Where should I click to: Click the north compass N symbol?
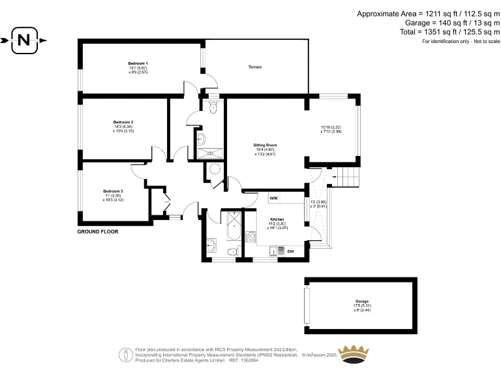23,40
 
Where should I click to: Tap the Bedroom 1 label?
138,63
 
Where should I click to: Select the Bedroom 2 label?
123,122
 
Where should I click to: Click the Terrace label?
254,67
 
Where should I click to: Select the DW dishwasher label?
290,251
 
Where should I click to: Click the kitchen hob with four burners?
250,236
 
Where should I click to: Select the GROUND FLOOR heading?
98,232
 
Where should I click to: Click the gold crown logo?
356,354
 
